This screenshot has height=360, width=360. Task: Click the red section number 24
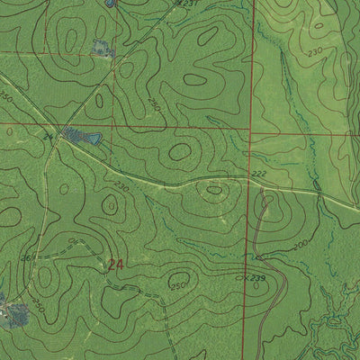pos(114,265)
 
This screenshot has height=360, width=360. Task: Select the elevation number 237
pos(187,4)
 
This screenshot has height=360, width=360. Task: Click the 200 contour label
pos(300,244)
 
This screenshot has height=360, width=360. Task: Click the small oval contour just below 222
pos(213,189)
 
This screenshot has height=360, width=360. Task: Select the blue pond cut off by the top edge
pos(109,4)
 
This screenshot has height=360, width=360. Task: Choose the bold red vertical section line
pos(252,90)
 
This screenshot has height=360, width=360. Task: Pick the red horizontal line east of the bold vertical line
pos(306,134)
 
